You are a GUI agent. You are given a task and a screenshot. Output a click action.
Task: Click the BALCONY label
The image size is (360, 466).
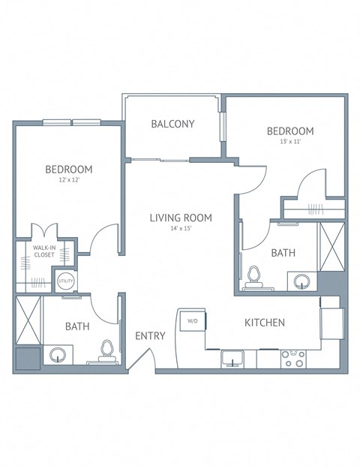(173, 124)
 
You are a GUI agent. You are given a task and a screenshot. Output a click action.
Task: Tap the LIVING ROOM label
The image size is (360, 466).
(180, 218)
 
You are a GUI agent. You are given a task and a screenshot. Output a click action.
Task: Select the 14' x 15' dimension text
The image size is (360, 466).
(180, 229)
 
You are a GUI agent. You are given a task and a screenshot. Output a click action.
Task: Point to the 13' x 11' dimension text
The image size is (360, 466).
(290, 142)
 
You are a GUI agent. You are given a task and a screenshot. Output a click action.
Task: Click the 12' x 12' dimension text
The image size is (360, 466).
(68, 180)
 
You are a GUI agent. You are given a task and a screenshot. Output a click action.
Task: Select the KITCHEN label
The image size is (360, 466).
(265, 323)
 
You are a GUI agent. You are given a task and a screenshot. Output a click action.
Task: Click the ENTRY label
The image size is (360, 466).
(150, 335)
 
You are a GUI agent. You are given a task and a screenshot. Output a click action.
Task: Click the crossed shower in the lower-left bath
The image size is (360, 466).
(28, 320)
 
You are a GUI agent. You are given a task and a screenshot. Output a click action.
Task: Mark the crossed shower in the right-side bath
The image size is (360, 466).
(331, 246)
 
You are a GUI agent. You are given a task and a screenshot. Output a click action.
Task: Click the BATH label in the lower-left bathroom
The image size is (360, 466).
(77, 326)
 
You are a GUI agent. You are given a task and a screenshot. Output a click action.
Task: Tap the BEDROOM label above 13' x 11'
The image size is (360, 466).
(290, 131)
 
